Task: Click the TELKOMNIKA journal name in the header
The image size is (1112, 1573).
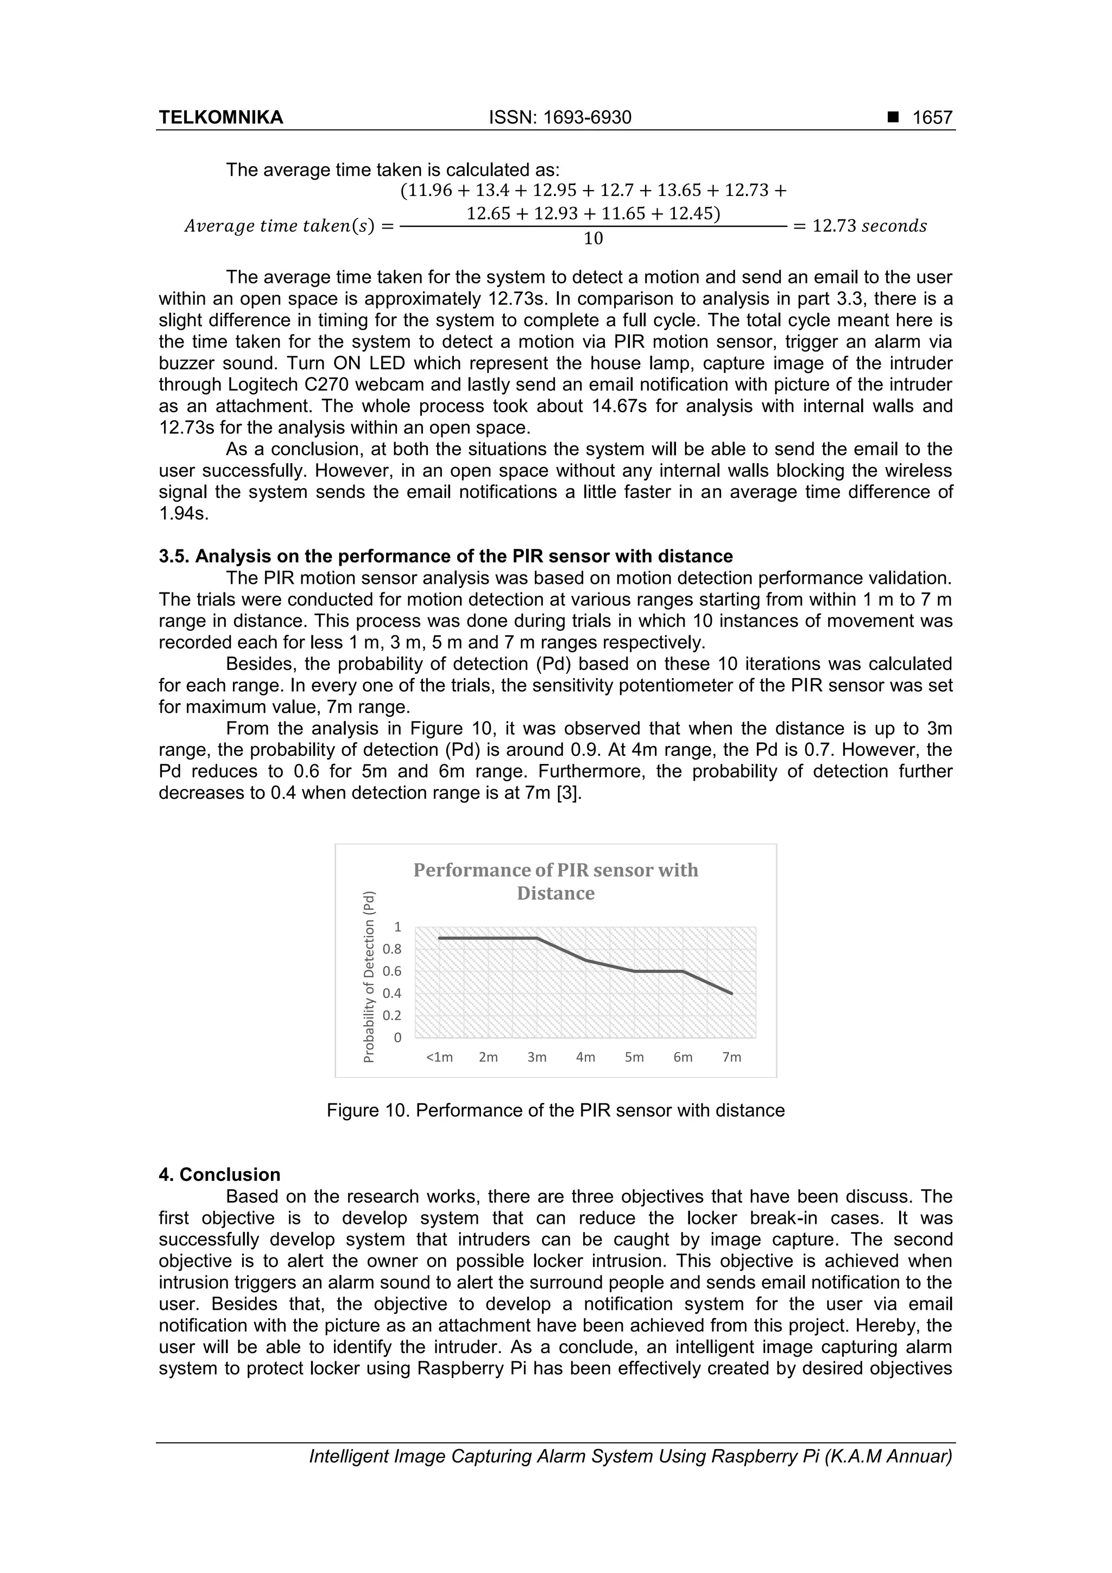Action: click(220, 118)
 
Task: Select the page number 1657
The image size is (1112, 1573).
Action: click(932, 118)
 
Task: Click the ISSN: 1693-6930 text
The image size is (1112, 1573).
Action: click(560, 118)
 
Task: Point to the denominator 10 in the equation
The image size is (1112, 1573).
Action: click(593, 238)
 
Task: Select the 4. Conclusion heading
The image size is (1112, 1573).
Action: click(219, 1174)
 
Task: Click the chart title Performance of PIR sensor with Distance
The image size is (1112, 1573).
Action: click(555, 881)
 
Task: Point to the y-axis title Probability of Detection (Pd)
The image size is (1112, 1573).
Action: click(369, 976)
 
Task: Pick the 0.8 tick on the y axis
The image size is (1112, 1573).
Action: click(393, 949)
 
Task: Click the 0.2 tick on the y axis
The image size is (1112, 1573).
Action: click(393, 1015)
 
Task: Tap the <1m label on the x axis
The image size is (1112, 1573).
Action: click(439, 1057)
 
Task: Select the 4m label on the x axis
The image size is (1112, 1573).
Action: click(585, 1057)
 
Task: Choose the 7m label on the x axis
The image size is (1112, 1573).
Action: click(732, 1057)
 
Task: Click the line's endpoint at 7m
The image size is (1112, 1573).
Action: click(732, 994)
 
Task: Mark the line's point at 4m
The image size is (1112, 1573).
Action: click(586, 960)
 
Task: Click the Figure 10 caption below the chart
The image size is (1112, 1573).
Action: click(555, 1110)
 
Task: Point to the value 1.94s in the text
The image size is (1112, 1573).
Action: click(183, 514)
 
